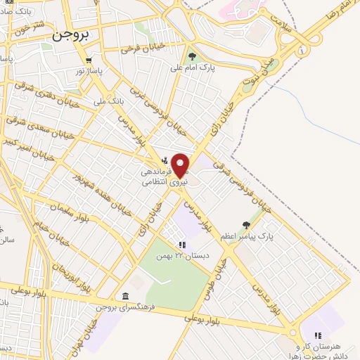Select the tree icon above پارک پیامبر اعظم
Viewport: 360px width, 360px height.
pos(246,225)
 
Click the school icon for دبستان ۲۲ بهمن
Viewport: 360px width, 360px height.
pos(182,245)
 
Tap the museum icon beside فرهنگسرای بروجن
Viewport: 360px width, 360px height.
pos(125,295)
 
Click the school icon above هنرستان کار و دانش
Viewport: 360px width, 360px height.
pos(317,336)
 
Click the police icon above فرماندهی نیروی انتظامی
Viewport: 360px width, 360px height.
pos(165,160)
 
